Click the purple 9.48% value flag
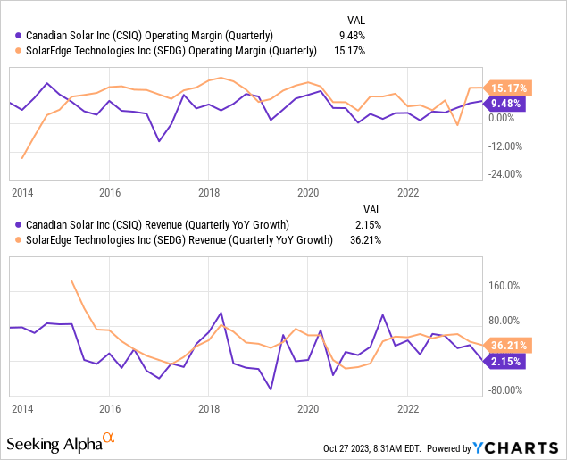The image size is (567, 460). coord(507,103)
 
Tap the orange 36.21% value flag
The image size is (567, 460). coord(507,345)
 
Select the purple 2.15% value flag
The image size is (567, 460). coord(505,361)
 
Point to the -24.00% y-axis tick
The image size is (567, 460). coord(505,174)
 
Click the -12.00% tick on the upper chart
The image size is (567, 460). coord(505,146)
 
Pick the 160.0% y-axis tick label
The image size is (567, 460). coord(506,286)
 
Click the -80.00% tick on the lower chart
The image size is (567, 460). coord(505,389)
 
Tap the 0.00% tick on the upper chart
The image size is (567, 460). coord(502,117)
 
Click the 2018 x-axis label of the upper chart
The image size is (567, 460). coord(209,192)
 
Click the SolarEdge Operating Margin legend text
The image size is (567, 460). coord(170,51)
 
